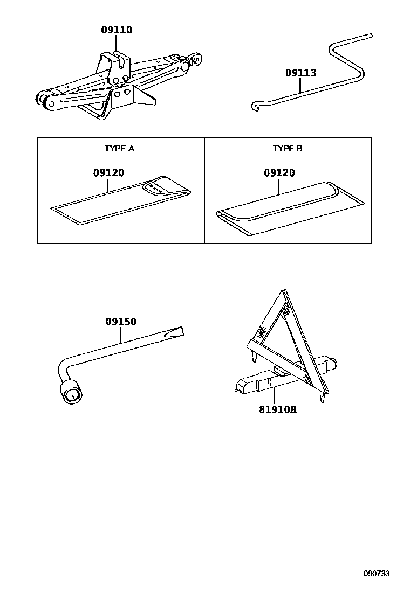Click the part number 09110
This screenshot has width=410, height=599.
point(117,30)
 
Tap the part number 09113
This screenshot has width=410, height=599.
point(300,73)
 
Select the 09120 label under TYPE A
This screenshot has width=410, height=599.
point(108,173)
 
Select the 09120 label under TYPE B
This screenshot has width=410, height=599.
point(279,173)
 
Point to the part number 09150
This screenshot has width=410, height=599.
point(120,322)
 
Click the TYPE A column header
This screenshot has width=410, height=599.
point(119,149)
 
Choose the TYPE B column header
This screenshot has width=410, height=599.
point(288,149)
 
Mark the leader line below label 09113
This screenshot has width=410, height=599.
point(300,86)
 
